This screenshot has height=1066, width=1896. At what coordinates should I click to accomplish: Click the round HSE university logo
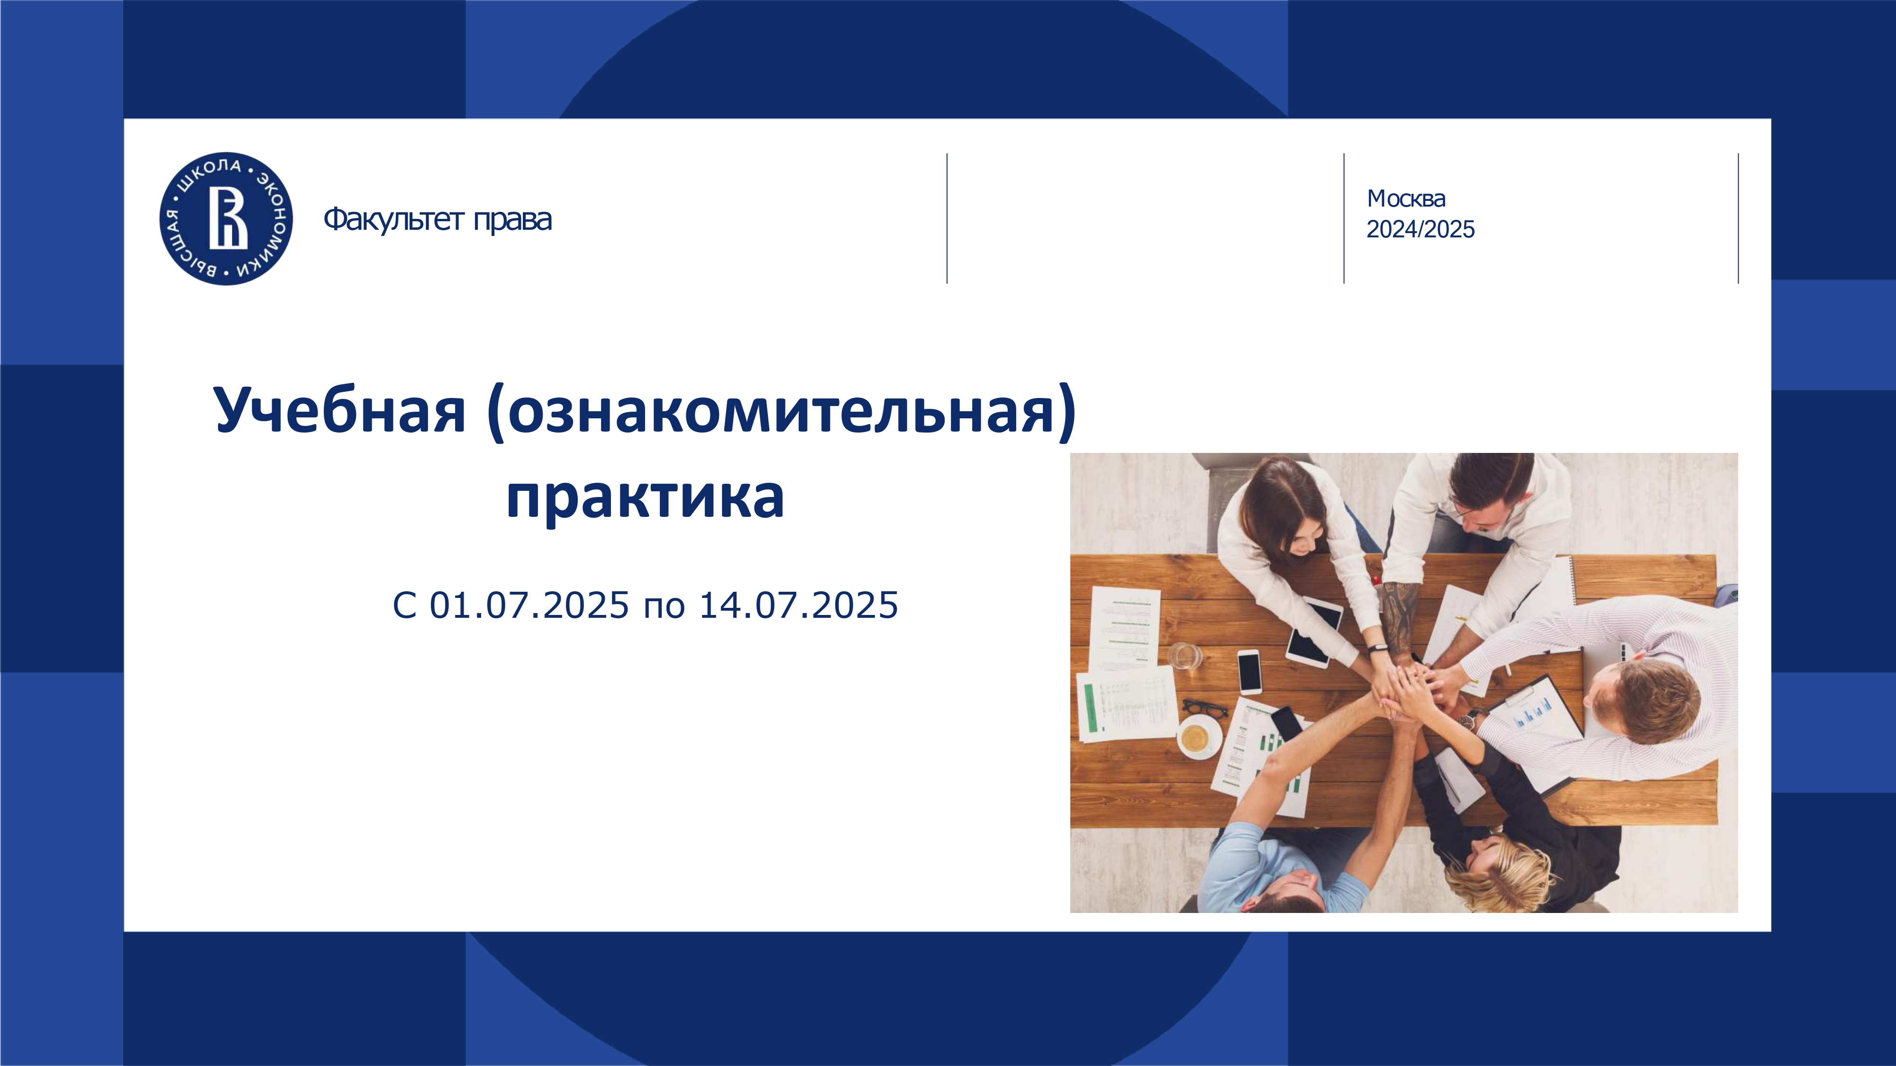(226, 218)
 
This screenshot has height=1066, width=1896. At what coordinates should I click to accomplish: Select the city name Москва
(1406, 199)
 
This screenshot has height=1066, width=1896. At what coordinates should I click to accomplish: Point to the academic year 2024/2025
(1421, 229)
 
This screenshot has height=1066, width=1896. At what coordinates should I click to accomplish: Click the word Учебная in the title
(340, 410)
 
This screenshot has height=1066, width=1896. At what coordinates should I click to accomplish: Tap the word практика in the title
(646, 497)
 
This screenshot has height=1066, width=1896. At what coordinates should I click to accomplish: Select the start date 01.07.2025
(529, 605)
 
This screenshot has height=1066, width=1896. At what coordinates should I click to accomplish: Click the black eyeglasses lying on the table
(1205, 708)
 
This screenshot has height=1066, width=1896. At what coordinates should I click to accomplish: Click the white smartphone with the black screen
(1249, 671)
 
